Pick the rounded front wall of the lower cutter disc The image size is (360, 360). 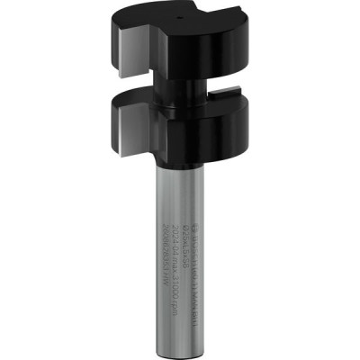198,135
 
